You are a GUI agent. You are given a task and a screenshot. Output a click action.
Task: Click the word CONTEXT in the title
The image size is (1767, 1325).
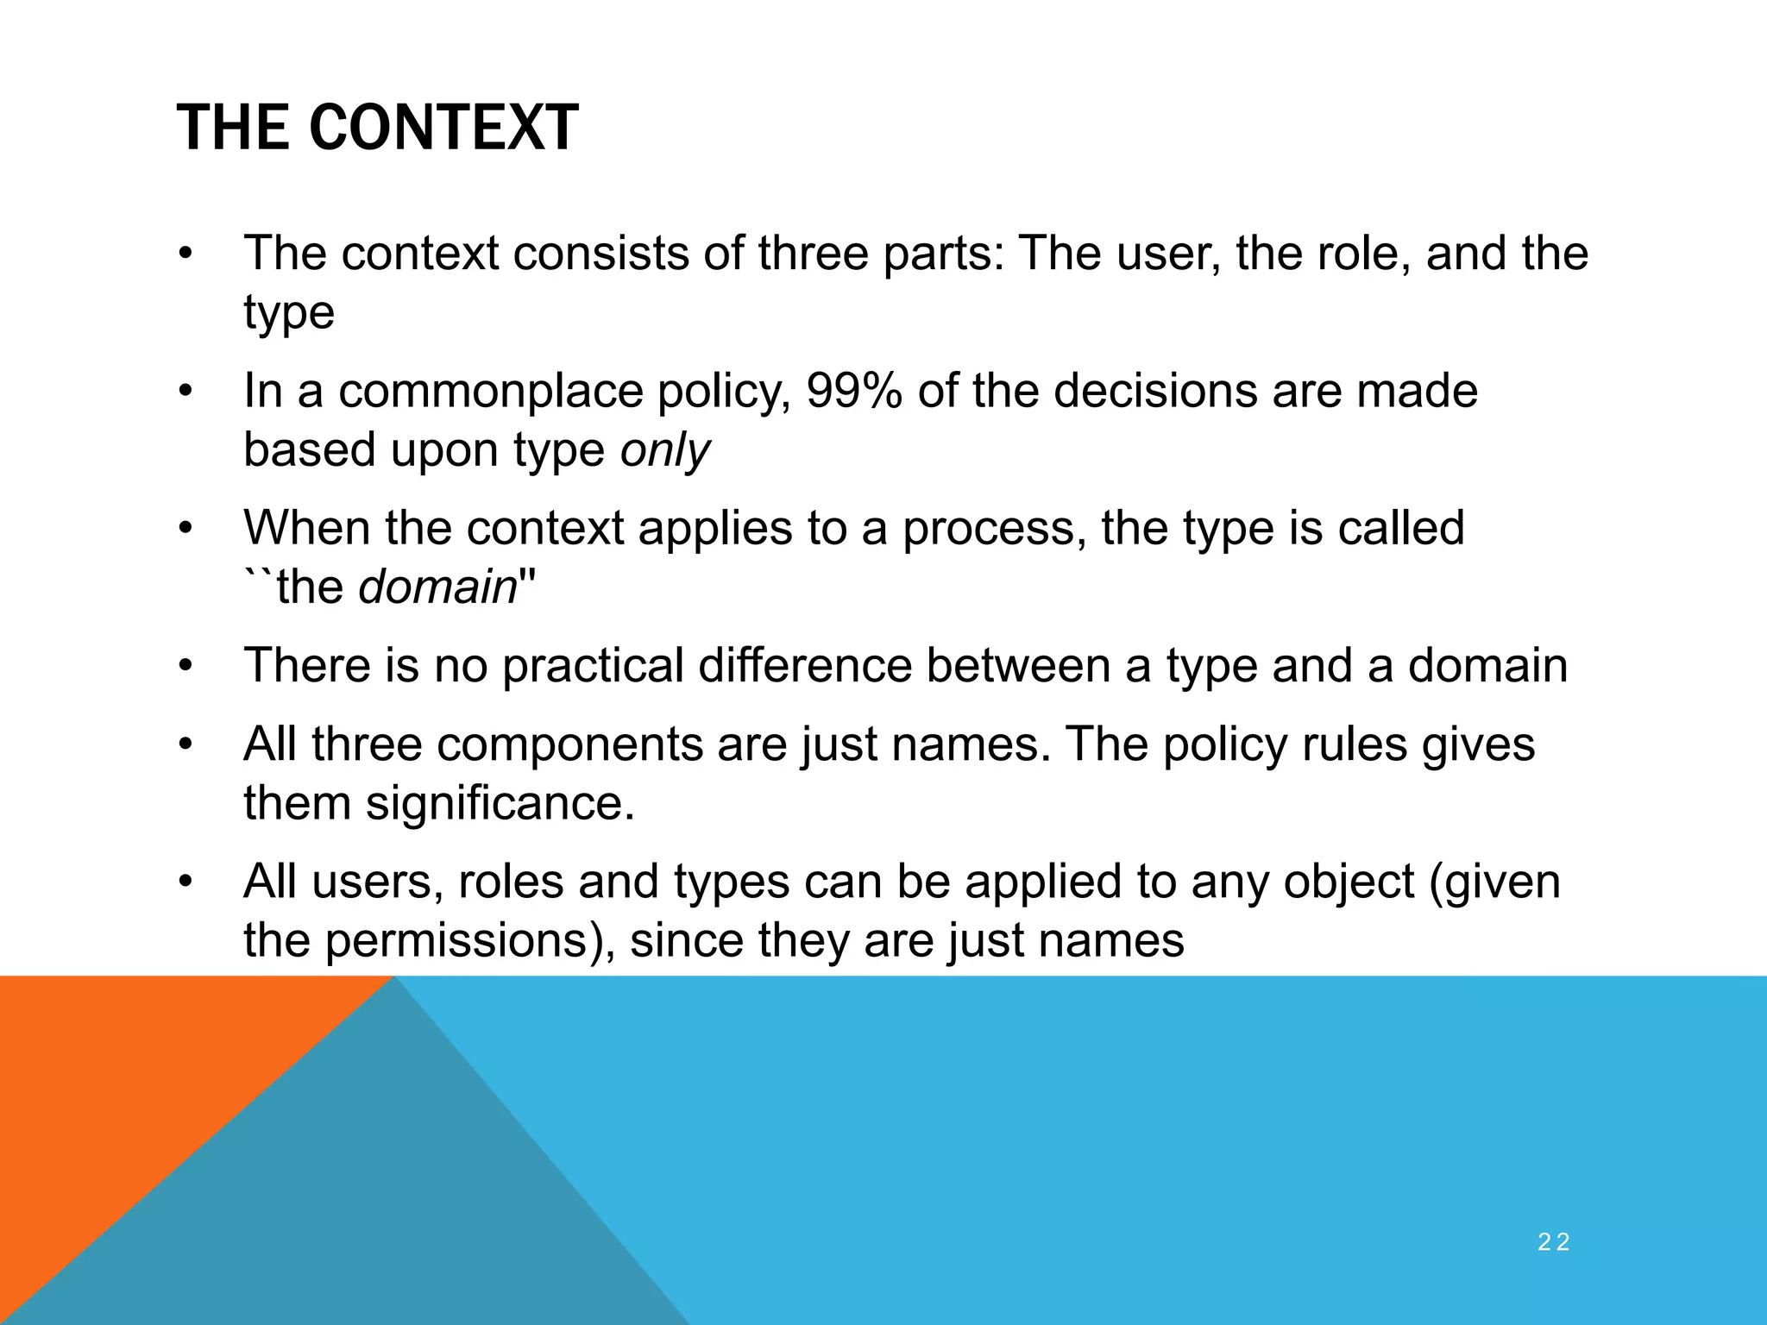point(443,128)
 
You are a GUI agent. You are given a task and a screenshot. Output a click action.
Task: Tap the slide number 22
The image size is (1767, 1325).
point(1553,1242)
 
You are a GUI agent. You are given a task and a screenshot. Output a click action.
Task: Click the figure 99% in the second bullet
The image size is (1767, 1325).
point(854,391)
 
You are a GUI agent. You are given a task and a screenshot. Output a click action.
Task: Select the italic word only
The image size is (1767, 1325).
point(664,450)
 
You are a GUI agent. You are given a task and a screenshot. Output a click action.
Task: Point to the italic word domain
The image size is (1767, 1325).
point(437,587)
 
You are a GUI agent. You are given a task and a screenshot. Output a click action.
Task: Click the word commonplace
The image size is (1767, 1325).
point(490,391)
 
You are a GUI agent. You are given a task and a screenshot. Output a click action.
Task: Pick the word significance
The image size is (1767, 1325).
point(500,803)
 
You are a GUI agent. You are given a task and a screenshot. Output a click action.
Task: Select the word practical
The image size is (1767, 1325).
point(593,666)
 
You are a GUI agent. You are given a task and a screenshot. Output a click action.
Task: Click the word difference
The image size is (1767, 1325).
point(804,666)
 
